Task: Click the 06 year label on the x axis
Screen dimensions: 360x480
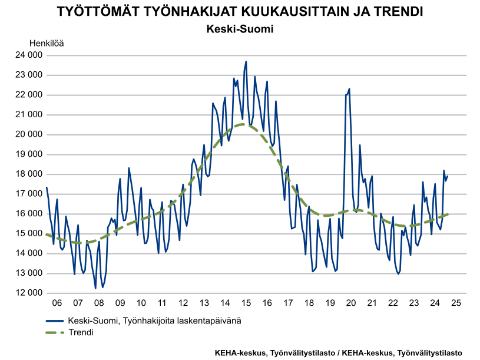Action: pos(57,303)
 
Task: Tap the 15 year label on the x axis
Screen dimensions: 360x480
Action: pos(246,303)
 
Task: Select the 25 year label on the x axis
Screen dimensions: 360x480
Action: pos(456,303)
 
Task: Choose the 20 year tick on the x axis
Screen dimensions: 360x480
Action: pos(351,303)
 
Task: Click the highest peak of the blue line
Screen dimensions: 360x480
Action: pos(246,61)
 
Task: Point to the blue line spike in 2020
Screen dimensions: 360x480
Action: pos(349,89)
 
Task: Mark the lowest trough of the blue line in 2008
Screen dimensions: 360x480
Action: pos(95,288)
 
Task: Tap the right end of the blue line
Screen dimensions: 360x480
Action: pos(448,176)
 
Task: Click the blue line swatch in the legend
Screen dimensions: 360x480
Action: pos(55,321)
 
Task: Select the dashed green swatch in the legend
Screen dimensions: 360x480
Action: pos(55,332)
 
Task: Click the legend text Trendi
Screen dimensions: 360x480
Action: pos(81,332)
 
